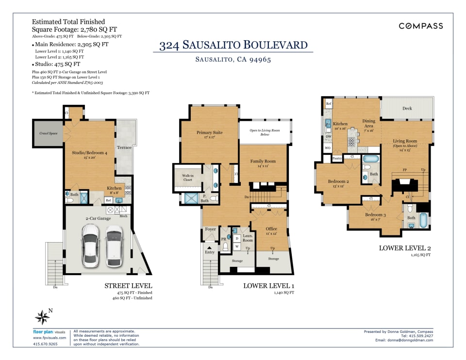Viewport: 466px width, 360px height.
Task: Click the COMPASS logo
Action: pos(420,26)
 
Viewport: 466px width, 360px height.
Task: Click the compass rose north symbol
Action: pos(42,317)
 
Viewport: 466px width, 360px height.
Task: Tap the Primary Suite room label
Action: pos(210,132)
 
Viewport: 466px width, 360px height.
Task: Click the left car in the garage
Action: pos(91,245)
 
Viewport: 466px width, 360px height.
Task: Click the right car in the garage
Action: pos(114,245)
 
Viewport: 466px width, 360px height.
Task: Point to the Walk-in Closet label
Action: pos(187,178)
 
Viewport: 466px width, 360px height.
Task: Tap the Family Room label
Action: pos(263,161)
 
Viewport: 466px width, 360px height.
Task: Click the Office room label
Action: pos(271,229)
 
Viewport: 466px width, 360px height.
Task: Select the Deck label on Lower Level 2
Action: pos(407,108)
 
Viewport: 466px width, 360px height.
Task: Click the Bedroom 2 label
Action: pos(338,181)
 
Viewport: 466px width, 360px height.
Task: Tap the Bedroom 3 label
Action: pos(375,214)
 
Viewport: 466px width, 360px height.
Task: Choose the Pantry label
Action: pos(337,158)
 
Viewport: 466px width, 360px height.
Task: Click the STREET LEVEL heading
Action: pos(128,286)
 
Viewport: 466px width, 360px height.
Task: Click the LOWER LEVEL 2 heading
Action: pos(405,248)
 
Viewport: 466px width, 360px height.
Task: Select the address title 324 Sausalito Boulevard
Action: pos(233,46)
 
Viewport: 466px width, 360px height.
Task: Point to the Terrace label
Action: pos(124,147)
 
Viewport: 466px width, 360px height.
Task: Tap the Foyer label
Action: pos(210,229)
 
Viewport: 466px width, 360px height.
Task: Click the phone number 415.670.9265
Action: pos(45,344)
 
